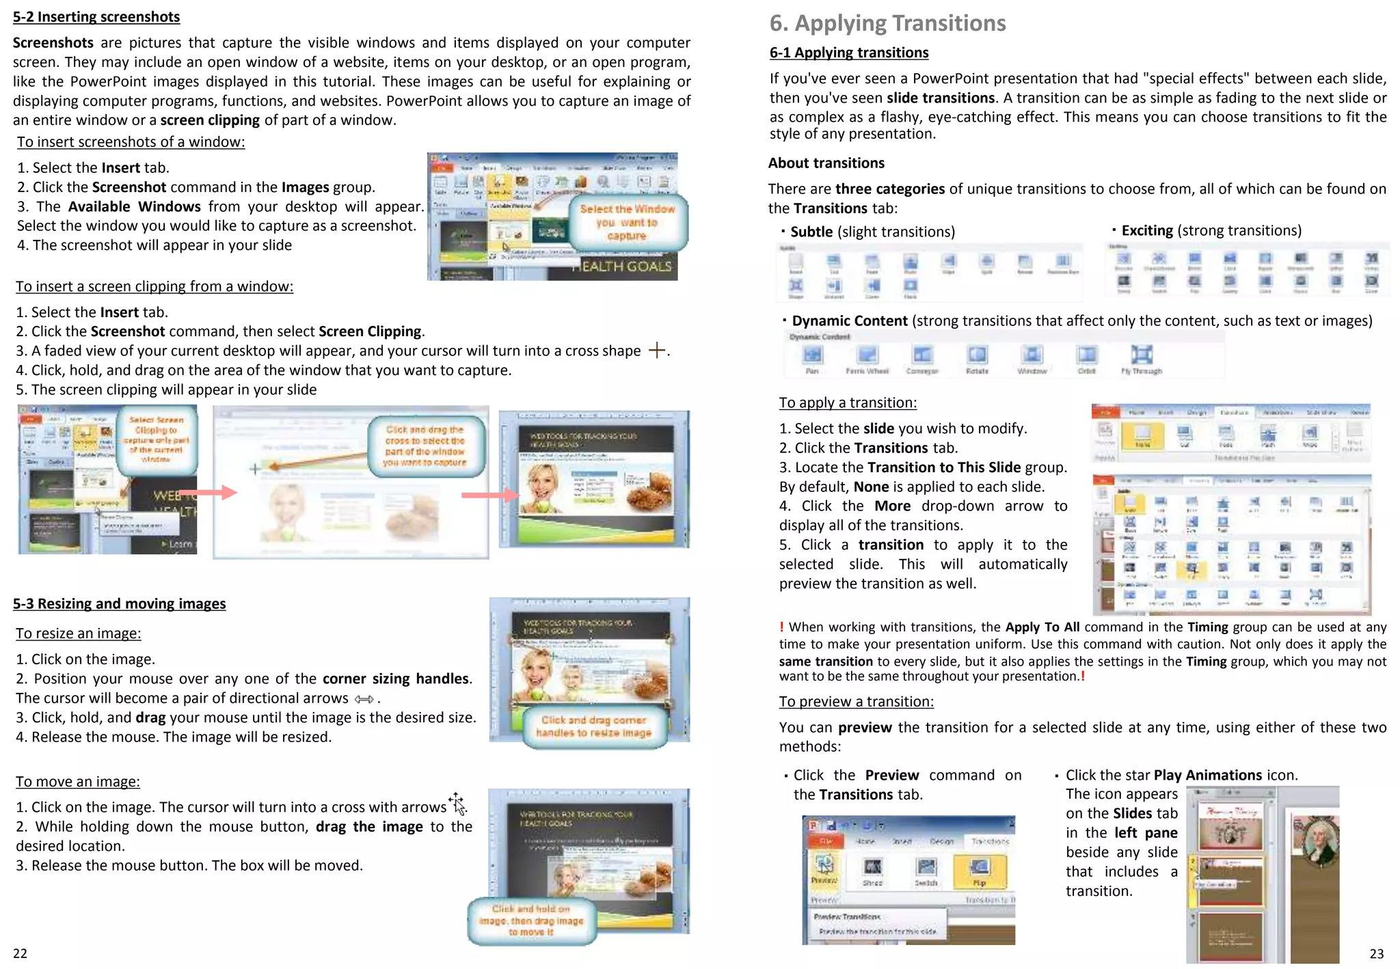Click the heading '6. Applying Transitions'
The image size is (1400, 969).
[x=887, y=23]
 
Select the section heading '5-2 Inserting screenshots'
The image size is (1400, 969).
[x=96, y=16]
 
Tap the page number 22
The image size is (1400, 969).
[x=21, y=953]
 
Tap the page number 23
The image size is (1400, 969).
[x=1376, y=953]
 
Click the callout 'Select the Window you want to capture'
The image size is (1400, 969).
[x=628, y=223]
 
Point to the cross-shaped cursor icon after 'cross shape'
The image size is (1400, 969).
[x=657, y=351]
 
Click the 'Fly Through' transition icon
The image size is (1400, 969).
[x=1141, y=355]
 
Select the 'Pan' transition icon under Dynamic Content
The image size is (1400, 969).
[x=812, y=355]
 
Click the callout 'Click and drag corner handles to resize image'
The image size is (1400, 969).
[x=593, y=726]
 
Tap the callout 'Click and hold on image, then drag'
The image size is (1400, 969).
[x=531, y=920]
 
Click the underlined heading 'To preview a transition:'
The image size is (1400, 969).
[x=856, y=701]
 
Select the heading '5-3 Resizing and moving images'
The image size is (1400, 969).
[x=119, y=603]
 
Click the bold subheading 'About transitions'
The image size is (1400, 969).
[x=826, y=163]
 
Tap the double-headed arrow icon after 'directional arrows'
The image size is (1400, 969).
[x=364, y=699]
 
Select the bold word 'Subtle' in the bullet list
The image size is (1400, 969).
[x=811, y=232]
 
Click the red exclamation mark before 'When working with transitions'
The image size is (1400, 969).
[x=781, y=627]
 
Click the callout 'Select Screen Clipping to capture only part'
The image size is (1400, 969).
[x=157, y=439]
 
